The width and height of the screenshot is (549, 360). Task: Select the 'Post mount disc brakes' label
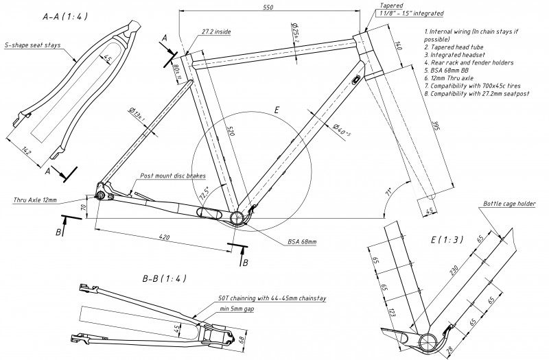174,176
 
